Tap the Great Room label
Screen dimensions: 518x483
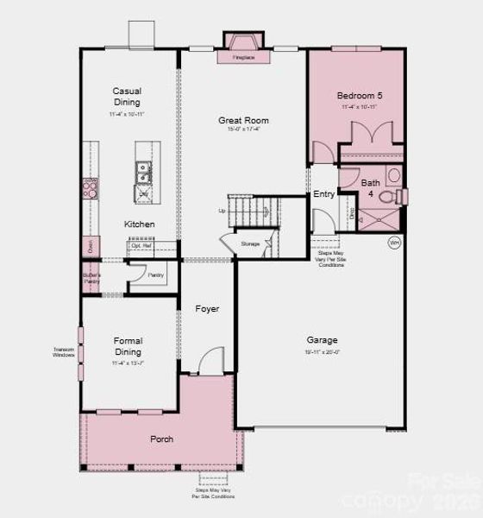[244, 121]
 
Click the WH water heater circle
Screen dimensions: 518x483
[394, 243]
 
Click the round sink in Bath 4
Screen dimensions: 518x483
[393, 175]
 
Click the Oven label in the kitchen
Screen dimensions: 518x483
[89, 245]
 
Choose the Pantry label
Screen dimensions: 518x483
[155, 275]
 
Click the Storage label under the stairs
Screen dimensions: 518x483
[250, 244]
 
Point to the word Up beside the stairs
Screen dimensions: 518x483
[222, 211]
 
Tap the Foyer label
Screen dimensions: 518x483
[207, 308]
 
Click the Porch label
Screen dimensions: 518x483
[161, 439]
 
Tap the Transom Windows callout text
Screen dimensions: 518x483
[63, 352]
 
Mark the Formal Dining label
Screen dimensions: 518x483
[128, 346]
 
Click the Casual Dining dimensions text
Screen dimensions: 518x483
[128, 114]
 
